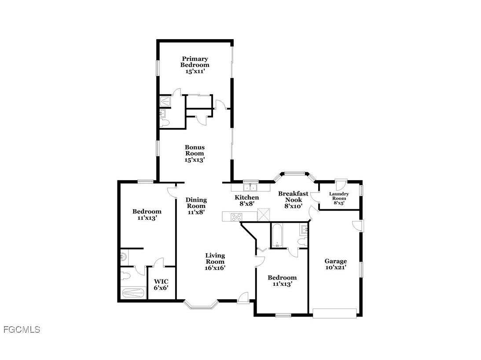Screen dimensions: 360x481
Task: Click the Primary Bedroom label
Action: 195,65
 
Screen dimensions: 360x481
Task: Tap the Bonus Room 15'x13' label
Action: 195,153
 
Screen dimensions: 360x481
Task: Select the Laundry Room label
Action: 339,198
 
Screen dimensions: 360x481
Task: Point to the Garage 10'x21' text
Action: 336,264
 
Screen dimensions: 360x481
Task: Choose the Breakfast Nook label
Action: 293,200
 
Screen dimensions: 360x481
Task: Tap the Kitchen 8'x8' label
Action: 246,200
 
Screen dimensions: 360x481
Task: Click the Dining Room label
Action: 196,206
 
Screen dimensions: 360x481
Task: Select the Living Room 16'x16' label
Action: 215,261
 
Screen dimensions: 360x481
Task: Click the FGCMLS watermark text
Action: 22,329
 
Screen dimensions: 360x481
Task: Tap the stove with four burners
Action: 237,216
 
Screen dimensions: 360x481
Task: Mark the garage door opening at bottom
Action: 334,313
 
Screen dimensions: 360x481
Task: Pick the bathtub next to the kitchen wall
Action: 277,236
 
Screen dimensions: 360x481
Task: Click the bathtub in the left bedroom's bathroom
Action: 133,293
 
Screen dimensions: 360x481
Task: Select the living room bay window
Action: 201,304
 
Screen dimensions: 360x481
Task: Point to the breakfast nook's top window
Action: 294,173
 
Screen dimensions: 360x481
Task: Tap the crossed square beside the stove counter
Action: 263,214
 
